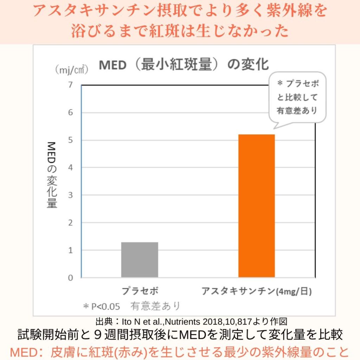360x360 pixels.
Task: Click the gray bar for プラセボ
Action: pos(140,260)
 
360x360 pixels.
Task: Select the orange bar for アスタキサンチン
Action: pos(257,206)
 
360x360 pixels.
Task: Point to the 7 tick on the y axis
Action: pos(71,85)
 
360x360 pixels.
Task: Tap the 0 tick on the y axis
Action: pos(71,278)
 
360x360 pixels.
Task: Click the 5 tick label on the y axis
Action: pos(71,140)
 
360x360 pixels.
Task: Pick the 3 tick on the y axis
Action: pos(71,195)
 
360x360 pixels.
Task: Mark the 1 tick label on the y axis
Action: pos(71,250)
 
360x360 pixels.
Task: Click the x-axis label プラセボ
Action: pos(140,291)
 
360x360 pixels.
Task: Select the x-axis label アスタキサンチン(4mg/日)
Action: pos(257,291)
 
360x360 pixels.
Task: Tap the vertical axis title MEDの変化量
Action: pos(52,175)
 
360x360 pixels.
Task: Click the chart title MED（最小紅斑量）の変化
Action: pos(184,65)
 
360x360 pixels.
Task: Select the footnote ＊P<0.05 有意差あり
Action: pos(131,306)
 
